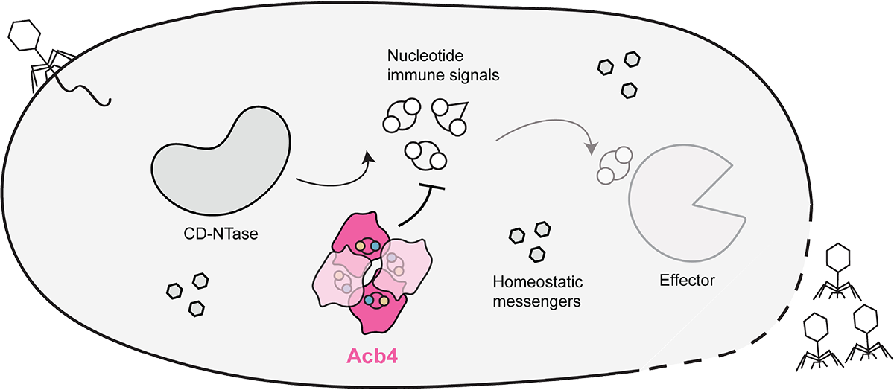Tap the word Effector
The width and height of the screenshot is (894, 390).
[x=687, y=281]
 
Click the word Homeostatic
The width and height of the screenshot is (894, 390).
[x=538, y=283]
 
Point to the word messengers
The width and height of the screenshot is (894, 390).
[x=538, y=301]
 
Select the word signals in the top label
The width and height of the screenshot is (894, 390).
[x=479, y=76]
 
